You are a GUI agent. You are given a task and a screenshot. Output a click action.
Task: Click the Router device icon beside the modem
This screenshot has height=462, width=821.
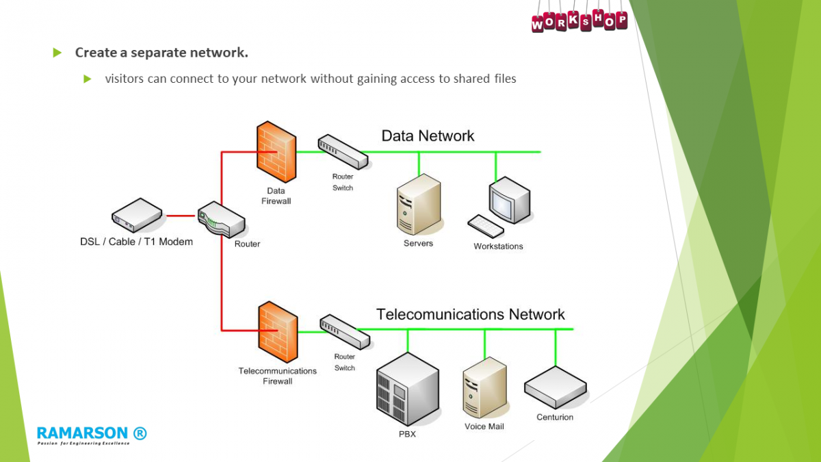(222, 219)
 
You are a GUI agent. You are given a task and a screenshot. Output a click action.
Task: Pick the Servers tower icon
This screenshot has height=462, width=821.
(418, 204)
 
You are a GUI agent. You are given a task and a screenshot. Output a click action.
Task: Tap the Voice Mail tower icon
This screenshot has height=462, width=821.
(484, 387)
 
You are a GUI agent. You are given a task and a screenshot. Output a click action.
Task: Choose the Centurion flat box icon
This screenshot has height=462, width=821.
(555, 388)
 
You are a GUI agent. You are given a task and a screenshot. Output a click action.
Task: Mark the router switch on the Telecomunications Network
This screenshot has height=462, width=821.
(345, 331)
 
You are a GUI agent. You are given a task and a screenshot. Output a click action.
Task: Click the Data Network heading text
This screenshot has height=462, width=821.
(428, 136)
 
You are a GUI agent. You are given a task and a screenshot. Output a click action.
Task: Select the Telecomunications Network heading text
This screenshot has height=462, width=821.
(471, 314)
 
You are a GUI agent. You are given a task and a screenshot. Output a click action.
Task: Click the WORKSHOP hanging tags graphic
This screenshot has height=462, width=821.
(579, 19)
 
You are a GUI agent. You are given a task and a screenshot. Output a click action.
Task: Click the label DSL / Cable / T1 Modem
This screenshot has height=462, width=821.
(136, 242)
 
